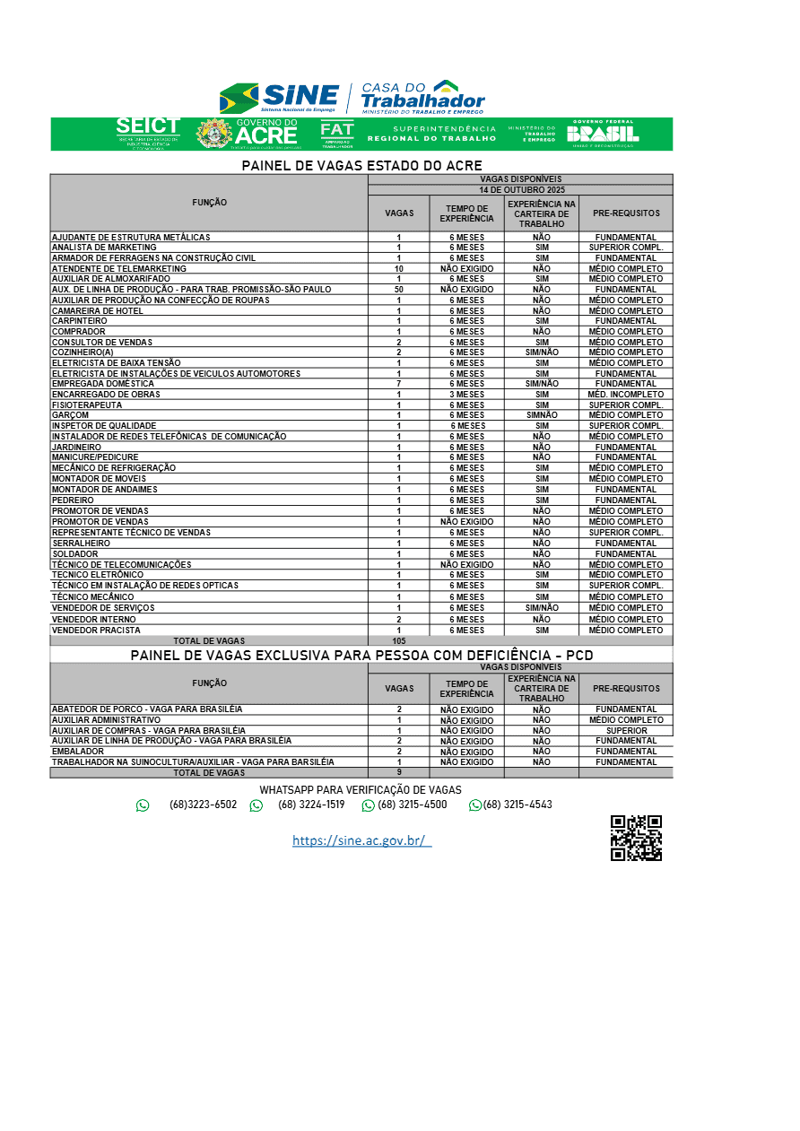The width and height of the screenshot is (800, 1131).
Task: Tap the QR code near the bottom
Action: point(636,838)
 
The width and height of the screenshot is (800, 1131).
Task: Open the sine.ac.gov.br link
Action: point(361,840)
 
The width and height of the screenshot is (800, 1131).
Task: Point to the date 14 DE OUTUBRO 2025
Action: point(520,190)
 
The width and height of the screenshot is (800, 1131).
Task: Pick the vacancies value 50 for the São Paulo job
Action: point(398,290)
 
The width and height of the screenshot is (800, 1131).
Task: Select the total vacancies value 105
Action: point(398,640)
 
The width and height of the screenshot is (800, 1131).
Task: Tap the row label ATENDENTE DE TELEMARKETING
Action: point(119,268)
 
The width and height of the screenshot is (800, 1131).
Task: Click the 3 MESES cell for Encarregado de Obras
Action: point(466,395)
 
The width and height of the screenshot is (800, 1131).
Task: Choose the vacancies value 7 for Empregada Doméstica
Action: point(398,384)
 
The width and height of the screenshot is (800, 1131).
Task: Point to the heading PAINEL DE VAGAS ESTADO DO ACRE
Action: point(361,166)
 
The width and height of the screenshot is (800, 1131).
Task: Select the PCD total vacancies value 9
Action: point(398,772)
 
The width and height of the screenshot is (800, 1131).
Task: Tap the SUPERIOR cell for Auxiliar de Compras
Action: point(626,731)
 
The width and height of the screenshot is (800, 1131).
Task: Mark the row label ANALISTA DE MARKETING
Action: point(104,248)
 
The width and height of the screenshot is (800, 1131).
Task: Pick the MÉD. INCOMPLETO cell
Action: point(626,395)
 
